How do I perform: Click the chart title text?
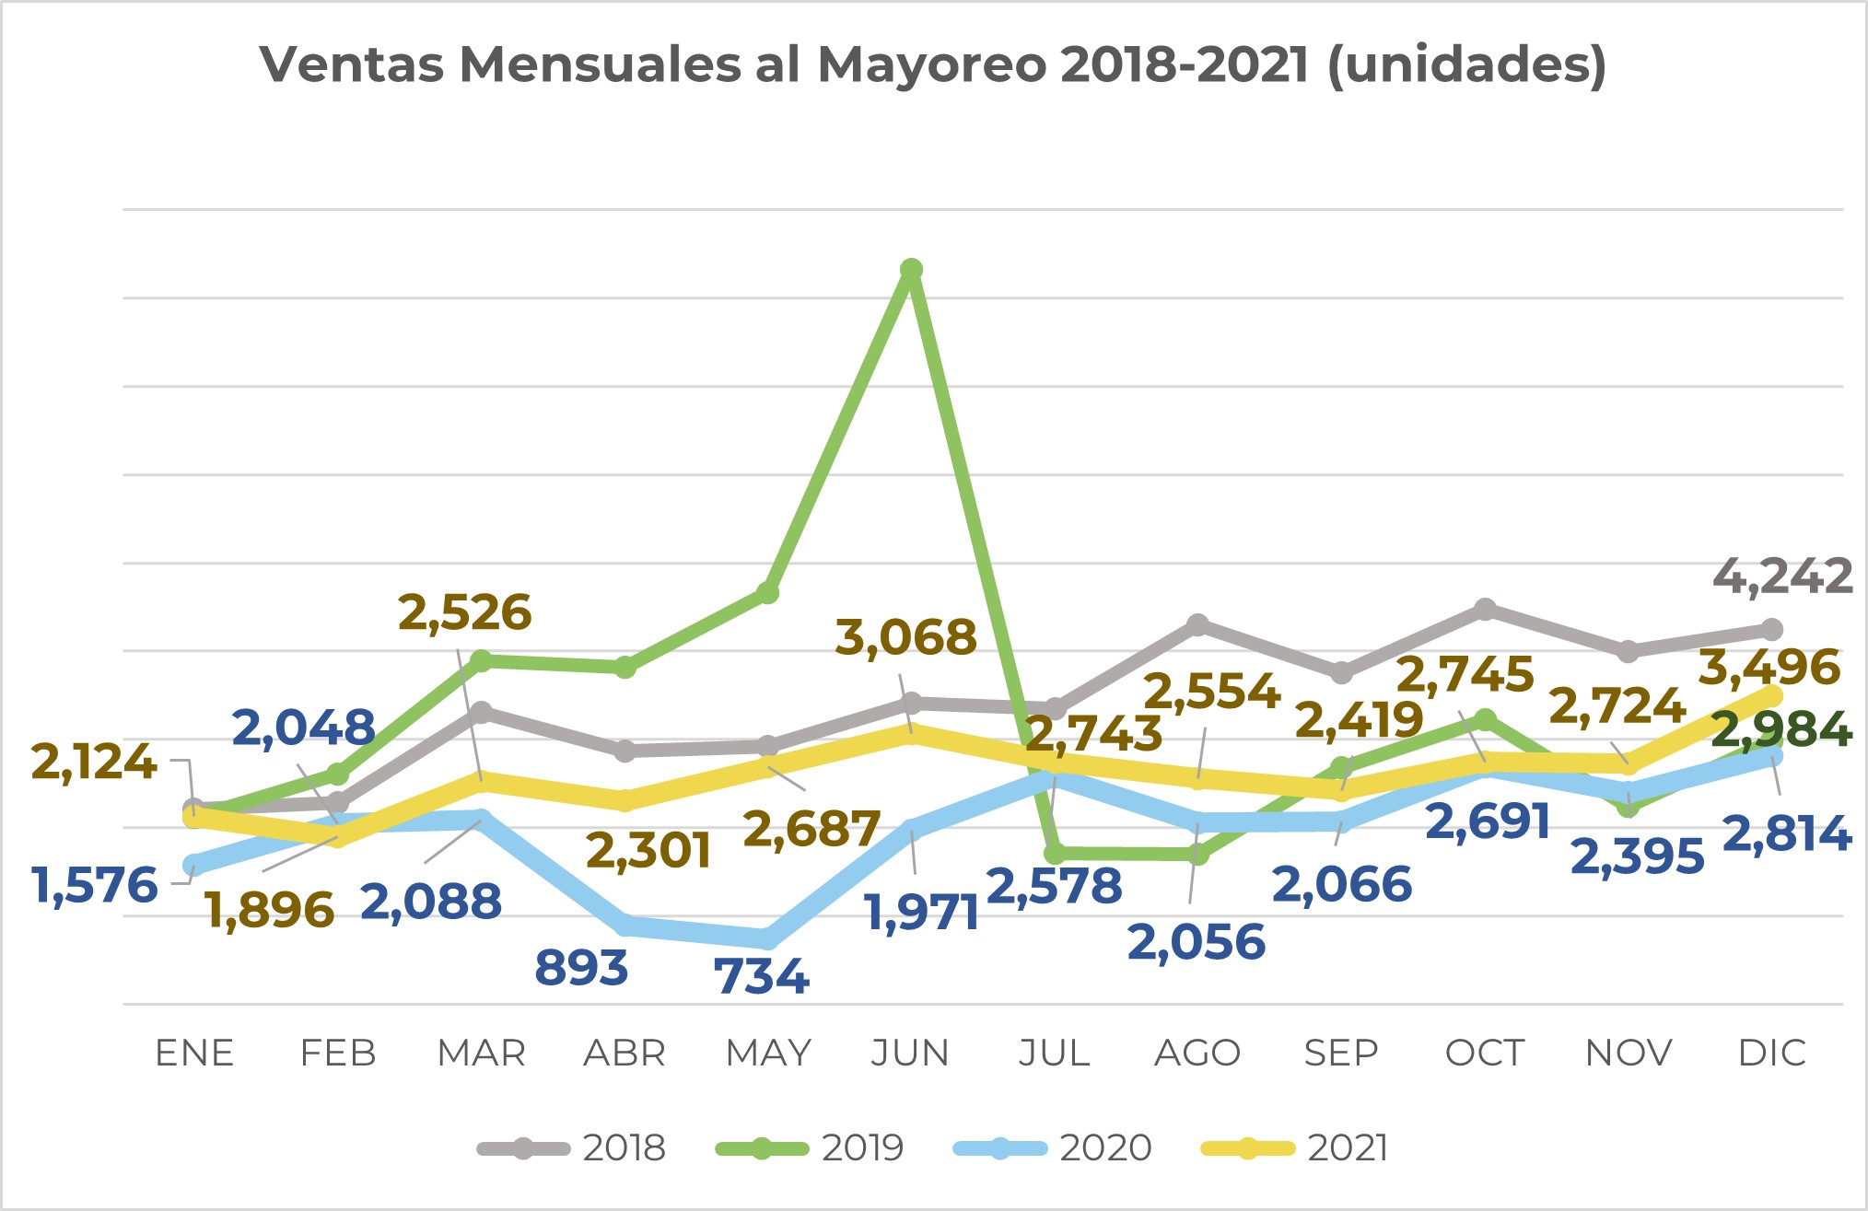point(933,64)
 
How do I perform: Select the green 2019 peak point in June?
point(911,270)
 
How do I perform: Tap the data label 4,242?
point(1782,577)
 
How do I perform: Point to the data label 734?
point(761,976)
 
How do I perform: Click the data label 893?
point(581,968)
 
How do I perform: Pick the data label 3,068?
point(905,637)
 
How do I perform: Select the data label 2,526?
point(464,612)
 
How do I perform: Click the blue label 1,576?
point(95,886)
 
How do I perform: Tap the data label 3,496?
point(1769,668)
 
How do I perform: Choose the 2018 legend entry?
point(571,1148)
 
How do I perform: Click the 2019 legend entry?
point(810,1148)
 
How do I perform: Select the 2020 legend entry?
point(1053,1148)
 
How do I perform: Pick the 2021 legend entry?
point(1296,1148)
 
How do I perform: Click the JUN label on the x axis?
point(910,1053)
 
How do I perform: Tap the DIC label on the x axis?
point(1771,1053)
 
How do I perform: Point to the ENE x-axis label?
point(194,1053)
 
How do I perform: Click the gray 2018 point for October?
point(1485,610)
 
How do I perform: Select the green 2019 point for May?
point(767,593)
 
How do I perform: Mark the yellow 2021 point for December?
point(1771,695)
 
